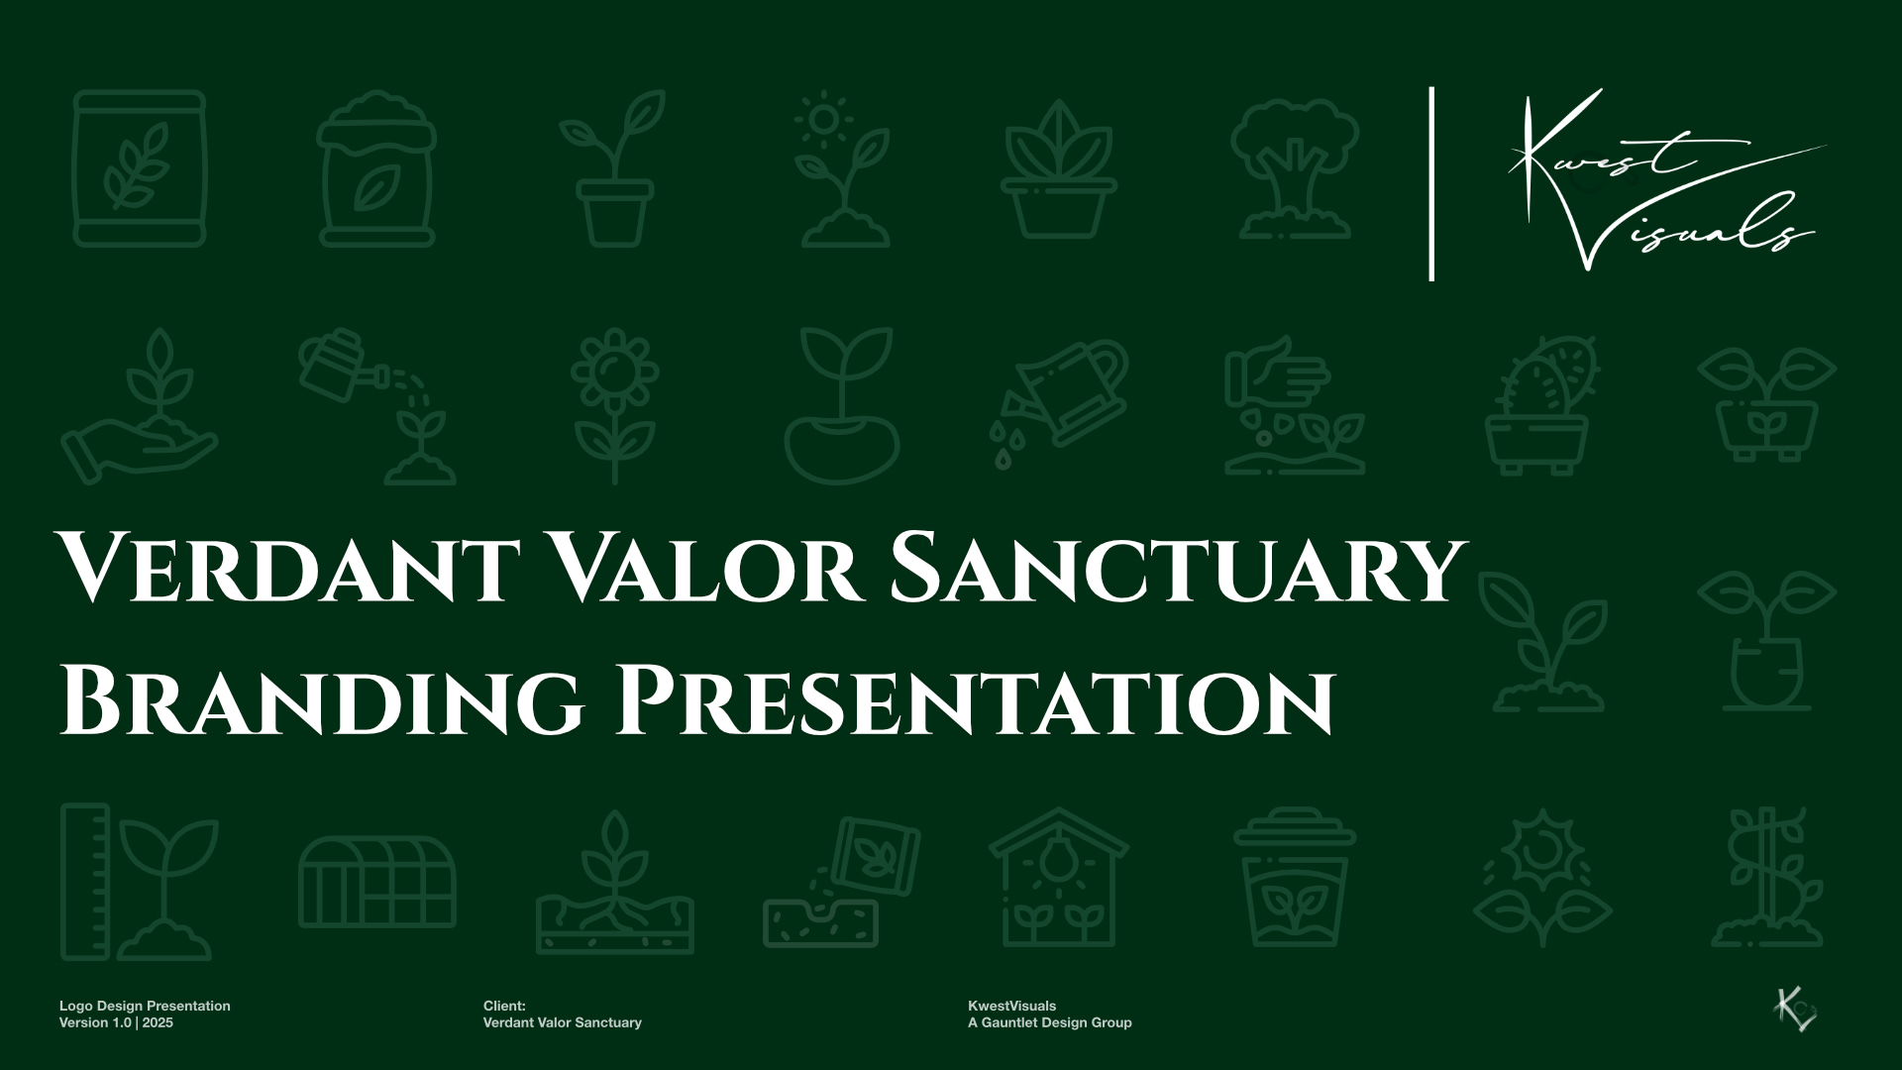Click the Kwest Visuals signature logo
1664,180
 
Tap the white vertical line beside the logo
1431,184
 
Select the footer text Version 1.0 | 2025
116,1022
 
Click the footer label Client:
504,1006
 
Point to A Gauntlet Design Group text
1049,1022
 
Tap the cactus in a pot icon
1537,405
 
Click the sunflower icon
614,405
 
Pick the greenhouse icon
377,882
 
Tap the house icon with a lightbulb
1058,878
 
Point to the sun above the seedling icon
822,119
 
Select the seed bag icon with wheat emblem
140,168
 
